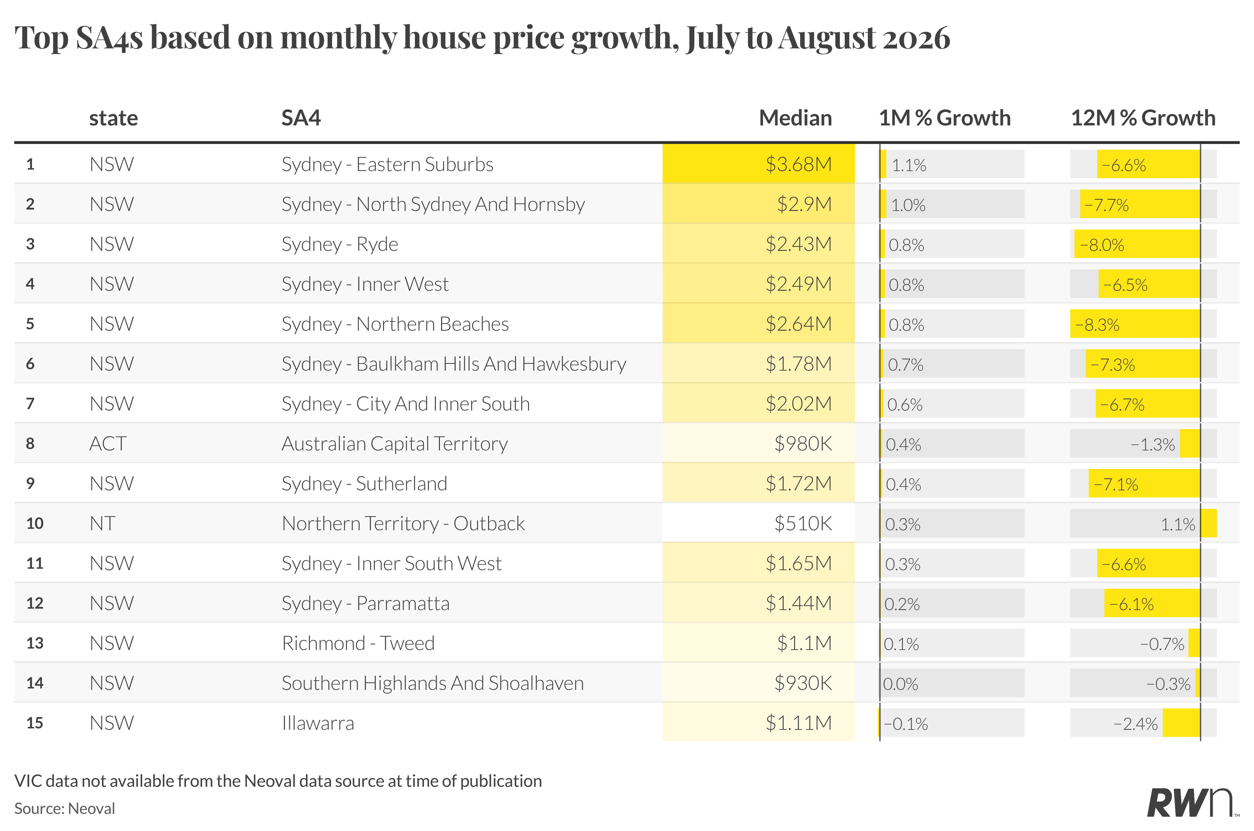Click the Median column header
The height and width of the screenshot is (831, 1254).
tap(795, 118)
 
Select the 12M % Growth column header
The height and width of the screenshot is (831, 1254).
tap(1143, 118)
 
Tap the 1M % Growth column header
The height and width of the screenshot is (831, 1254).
tap(945, 118)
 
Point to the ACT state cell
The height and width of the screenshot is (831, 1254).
tap(108, 444)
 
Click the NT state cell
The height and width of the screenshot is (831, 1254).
tap(102, 523)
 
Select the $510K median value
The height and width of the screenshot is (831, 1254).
tap(803, 523)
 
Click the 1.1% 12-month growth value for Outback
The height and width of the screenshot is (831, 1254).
tap(1178, 525)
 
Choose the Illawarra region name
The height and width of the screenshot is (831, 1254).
tap(318, 723)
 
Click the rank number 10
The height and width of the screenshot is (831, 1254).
tap(35, 523)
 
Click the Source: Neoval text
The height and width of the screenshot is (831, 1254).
tap(64, 809)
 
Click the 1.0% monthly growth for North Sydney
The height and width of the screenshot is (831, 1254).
tap(908, 205)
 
